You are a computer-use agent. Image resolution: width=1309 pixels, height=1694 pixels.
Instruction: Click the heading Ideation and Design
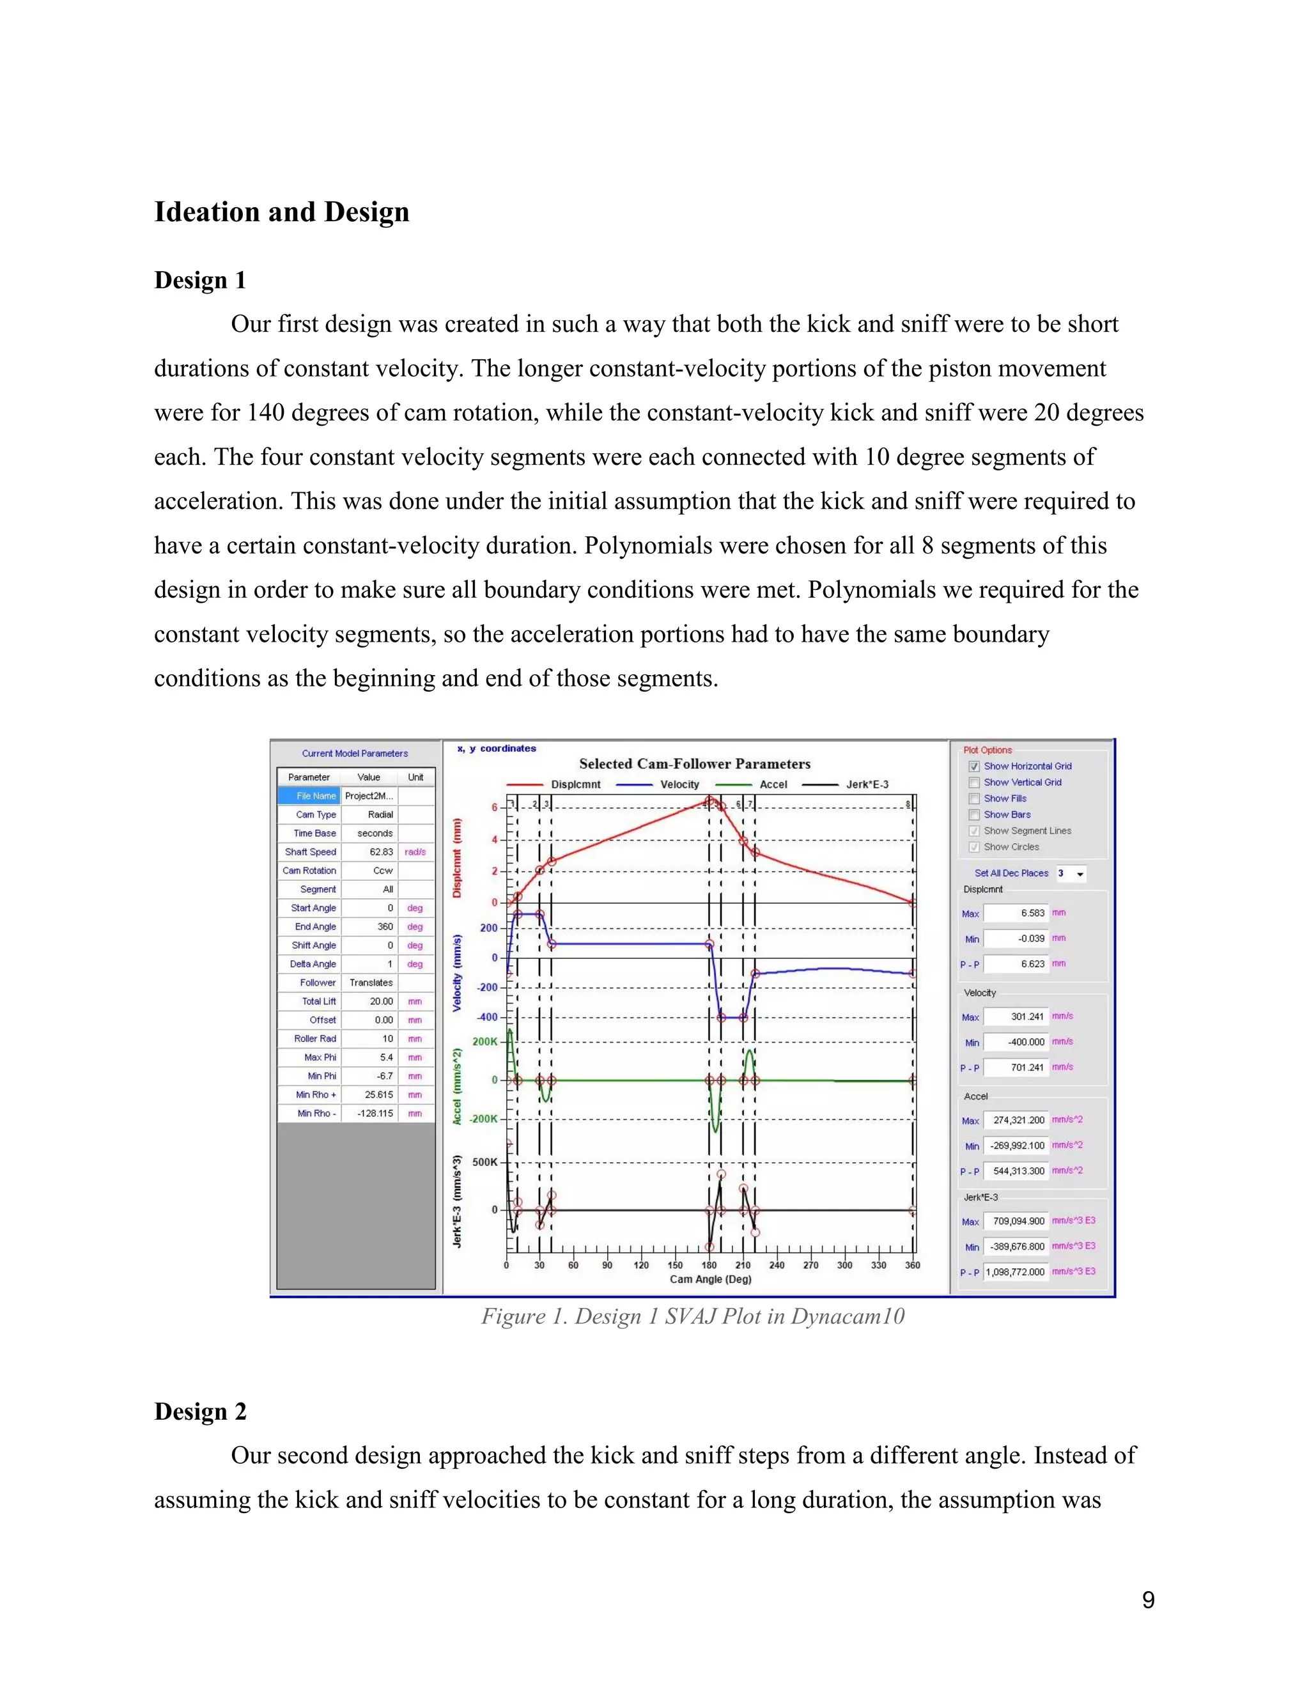tap(281, 212)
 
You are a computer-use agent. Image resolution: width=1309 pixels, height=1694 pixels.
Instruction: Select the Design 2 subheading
tap(200, 1411)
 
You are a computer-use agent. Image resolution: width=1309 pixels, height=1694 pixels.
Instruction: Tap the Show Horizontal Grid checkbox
tap(975, 766)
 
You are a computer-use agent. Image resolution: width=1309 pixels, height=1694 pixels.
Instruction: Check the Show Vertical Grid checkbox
tap(975, 782)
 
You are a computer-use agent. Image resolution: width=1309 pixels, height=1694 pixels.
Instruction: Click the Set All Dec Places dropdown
tap(1071, 873)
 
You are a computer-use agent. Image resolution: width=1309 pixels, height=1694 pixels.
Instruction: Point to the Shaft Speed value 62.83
tap(375, 851)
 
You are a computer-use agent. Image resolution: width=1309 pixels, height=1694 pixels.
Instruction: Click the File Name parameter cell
tap(315, 796)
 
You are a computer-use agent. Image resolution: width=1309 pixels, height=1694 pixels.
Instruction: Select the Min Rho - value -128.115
tap(375, 1113)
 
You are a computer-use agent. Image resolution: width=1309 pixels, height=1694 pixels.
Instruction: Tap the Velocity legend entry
tap(679, 784)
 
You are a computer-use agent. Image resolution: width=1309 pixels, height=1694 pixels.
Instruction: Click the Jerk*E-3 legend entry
tap(866, 784)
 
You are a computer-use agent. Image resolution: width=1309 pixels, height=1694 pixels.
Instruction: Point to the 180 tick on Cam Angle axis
tap(709, 1265)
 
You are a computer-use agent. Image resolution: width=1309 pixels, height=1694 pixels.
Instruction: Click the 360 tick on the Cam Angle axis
tap(912, 1265)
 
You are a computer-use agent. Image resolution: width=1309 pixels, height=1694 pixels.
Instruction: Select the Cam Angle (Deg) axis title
tap(710, 1279)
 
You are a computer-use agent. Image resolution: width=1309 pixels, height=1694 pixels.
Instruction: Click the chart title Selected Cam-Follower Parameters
tap(694, 764)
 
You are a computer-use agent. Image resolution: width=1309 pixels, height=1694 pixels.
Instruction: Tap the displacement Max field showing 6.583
tap(1016, 913)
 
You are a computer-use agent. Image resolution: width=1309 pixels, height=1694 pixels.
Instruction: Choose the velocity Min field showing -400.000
tap(1016, 1042)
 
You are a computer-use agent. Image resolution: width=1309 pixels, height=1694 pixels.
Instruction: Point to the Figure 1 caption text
tap(692, 1316)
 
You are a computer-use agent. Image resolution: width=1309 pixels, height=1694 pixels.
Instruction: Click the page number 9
tap(1148, 1600)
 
